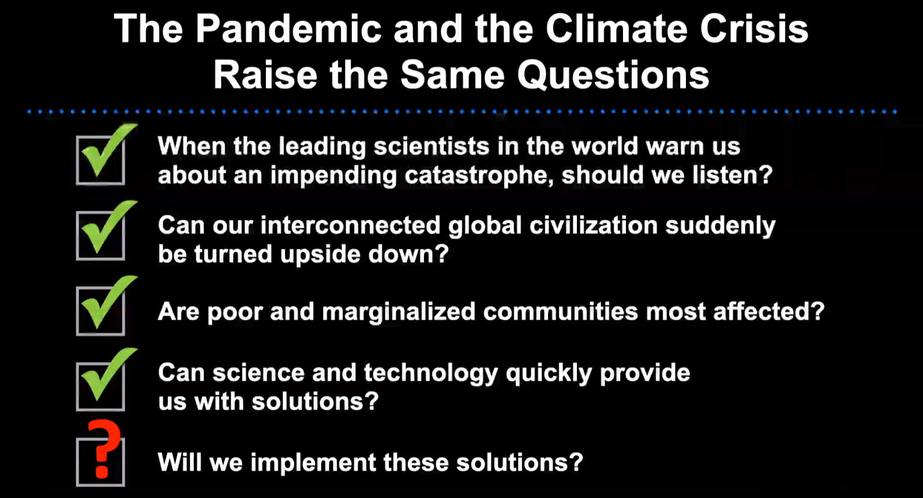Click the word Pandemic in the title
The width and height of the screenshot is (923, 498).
[288, 29]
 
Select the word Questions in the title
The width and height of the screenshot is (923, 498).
[613, 76]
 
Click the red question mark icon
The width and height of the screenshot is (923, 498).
[104, 449]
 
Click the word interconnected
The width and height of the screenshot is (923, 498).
[351, 225]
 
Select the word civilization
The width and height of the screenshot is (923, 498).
[594, 225]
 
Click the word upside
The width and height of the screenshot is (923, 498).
[320, 255]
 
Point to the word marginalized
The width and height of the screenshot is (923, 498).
[399, 312]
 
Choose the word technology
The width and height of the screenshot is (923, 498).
[431, 373]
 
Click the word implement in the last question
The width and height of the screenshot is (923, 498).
[313, 463]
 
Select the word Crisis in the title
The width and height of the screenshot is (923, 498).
[754, 29]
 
